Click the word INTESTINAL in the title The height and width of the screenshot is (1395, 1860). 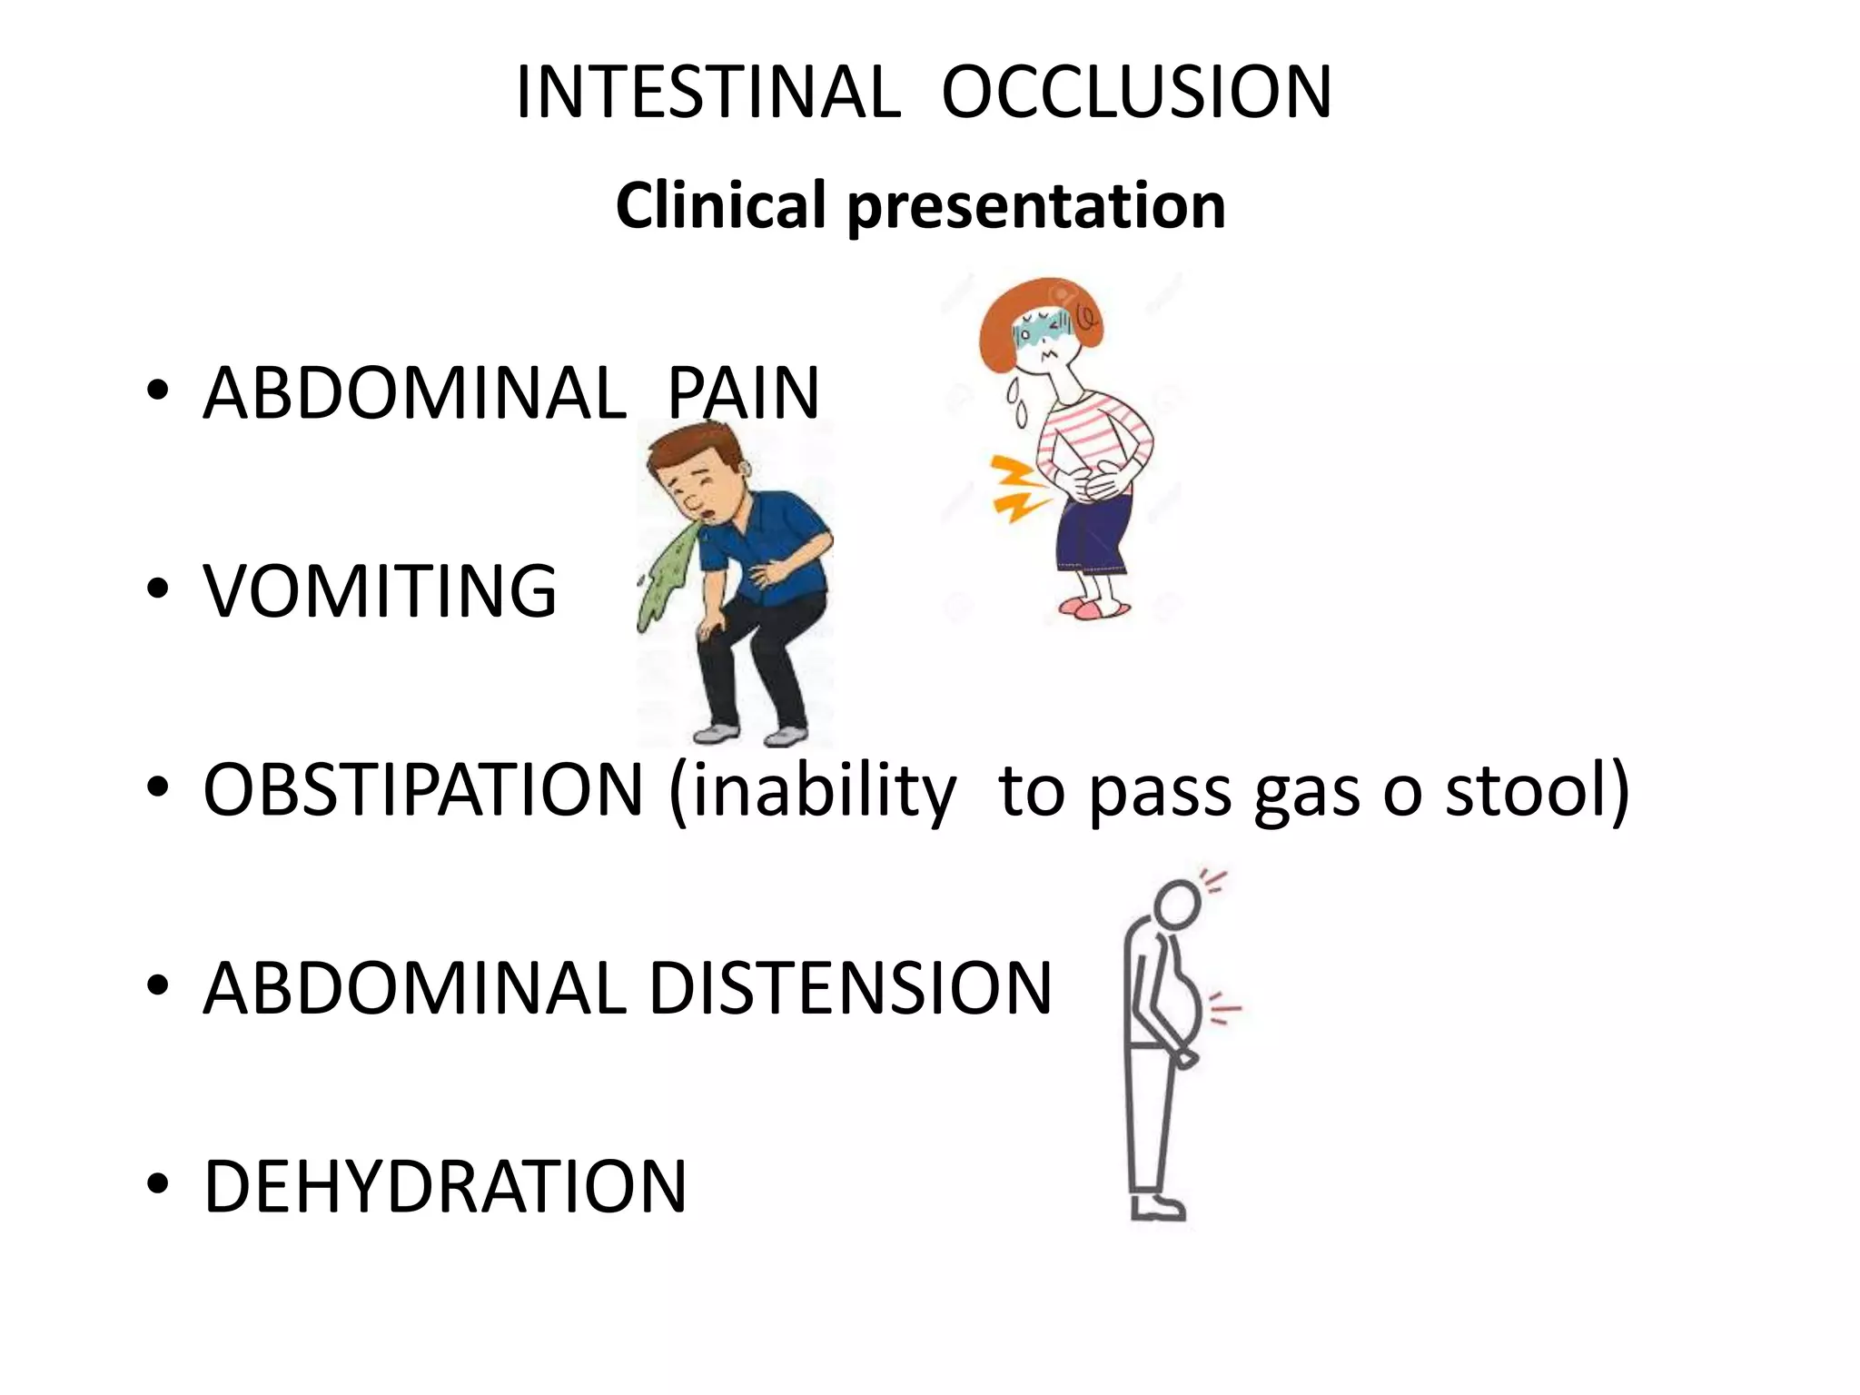(x=707, y=93)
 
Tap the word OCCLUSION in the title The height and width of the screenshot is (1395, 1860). (x=1136, y=93)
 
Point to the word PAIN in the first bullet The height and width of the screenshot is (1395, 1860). (x=743, y=393)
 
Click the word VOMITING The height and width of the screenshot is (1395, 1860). (x=380, y=591)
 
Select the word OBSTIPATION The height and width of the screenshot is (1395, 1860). (x=423, y=789)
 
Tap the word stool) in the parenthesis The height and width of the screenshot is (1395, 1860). (x=1537, y=789)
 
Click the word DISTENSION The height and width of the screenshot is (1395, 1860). (x=849, y=988)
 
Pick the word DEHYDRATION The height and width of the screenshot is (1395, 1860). (x=445, y=1186)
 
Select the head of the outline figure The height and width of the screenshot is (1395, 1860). (x=1178, y=905)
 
